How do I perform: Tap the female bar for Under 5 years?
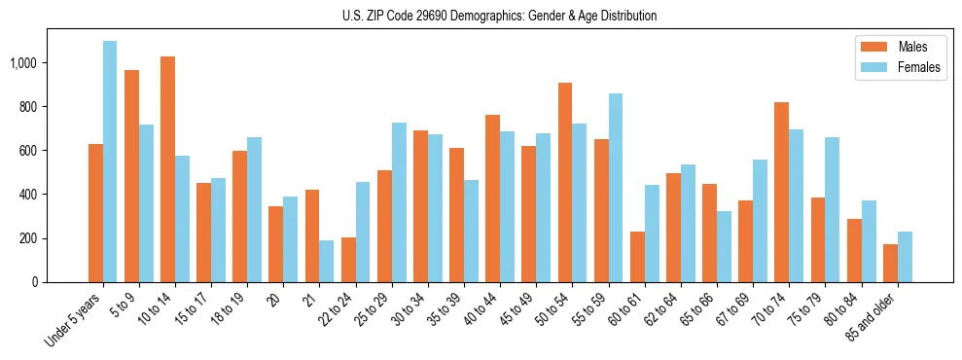pyautogui.click(x=110, y=162)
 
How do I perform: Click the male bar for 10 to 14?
pyautogui.click(x=167, y=169)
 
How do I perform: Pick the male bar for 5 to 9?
pyautogui.click(x=131, y=176)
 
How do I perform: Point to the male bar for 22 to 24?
pyautogui.click(x=348, y=260)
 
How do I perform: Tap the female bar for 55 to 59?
pyautogui.click(x=616, y=188)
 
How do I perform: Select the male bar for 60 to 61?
pyautogui.click(x=637, y=257)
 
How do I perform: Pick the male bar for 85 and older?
pyautogui.click(x=890, y=263)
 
